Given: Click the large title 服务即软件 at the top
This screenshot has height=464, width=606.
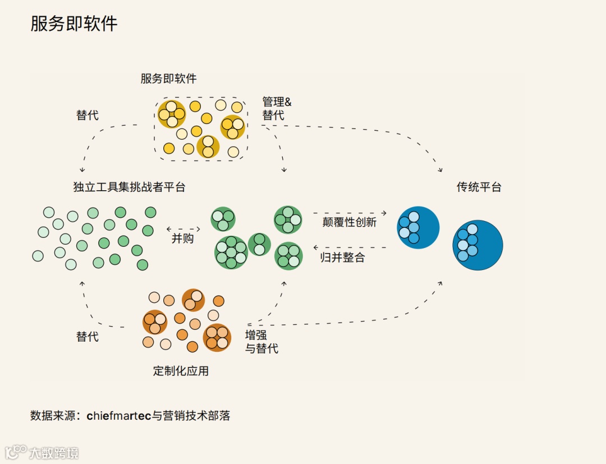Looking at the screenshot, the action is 74,24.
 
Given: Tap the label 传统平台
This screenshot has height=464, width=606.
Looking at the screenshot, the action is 479,187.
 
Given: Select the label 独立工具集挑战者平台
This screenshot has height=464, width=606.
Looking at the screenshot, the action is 129,187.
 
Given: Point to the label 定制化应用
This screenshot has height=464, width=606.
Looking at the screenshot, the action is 181,371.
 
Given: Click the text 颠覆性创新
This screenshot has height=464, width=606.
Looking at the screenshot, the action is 349,222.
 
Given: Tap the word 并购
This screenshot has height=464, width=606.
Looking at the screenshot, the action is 182,238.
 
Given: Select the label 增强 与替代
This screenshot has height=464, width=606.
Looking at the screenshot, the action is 261,342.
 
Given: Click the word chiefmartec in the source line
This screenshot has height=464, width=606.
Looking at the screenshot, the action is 120,416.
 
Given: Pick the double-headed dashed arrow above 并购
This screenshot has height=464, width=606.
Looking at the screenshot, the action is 183,229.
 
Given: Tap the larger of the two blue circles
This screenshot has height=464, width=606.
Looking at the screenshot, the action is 478,245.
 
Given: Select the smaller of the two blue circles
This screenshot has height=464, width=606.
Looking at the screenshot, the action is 418,227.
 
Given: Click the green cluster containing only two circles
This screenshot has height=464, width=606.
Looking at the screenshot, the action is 259,244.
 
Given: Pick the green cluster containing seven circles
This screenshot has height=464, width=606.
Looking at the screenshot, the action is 231,252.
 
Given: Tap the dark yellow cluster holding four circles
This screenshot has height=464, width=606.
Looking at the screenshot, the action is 171,114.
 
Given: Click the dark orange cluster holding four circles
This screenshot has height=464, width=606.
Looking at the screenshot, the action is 217,337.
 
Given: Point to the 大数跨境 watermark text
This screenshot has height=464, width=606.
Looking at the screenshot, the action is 53,453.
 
